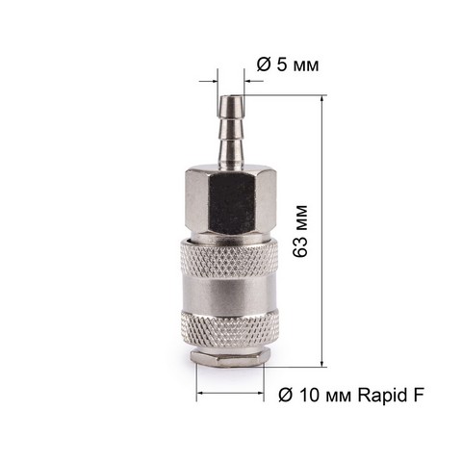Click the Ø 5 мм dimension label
click(288, 65)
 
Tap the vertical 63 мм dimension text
click(300, 231)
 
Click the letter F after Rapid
click(418, 395)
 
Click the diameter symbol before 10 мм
click(286, 395)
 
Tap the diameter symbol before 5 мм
click(264, 64)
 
